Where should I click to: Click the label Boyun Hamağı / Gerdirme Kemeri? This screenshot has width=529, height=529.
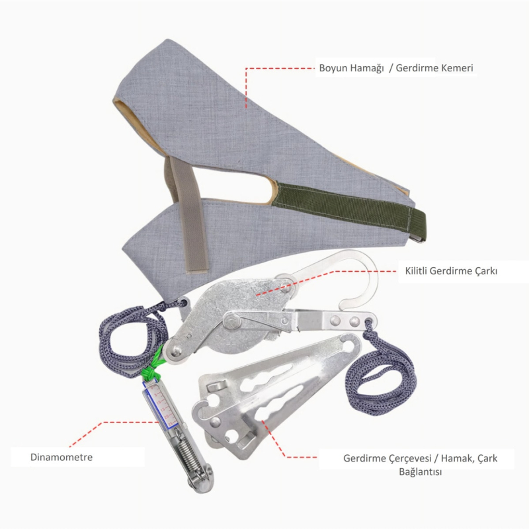pyautogui.click(x=396, y=68)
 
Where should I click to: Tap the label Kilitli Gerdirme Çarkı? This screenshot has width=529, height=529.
pyautogui.click(x=451, y=271)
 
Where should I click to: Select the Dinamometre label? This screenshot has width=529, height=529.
pyautogui.click(x=61, y=457)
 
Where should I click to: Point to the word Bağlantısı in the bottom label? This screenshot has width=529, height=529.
pyautogui.click(x=421, y=471)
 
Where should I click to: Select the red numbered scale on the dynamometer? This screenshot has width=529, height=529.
pyautogui.click(x=161, y=405)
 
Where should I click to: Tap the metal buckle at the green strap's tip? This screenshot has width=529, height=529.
pyautogui.click(x=418, y=239)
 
